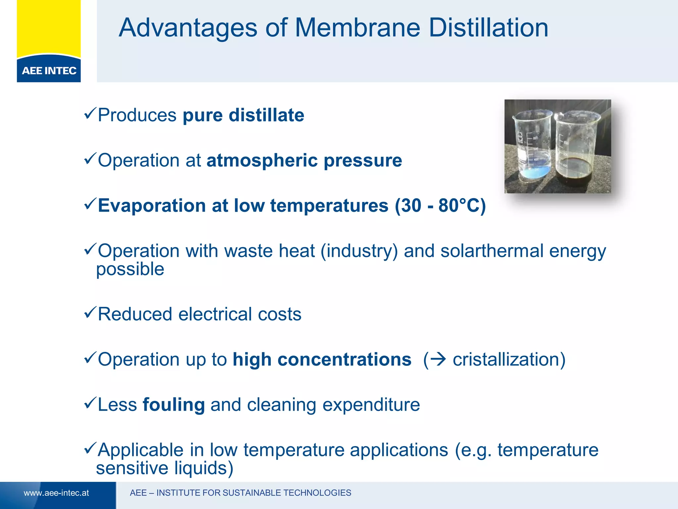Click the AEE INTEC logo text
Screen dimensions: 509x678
click(49, 71)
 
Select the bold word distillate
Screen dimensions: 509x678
click(266, 115)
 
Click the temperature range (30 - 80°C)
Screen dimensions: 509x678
click(440, 205)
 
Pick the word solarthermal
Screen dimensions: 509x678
click(492, 251)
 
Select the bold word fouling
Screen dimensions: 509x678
click(173, 405)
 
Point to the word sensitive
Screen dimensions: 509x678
click(132, 468)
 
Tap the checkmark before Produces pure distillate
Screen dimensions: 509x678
click(90, 113)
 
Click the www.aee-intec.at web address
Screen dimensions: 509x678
click(56, 493)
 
